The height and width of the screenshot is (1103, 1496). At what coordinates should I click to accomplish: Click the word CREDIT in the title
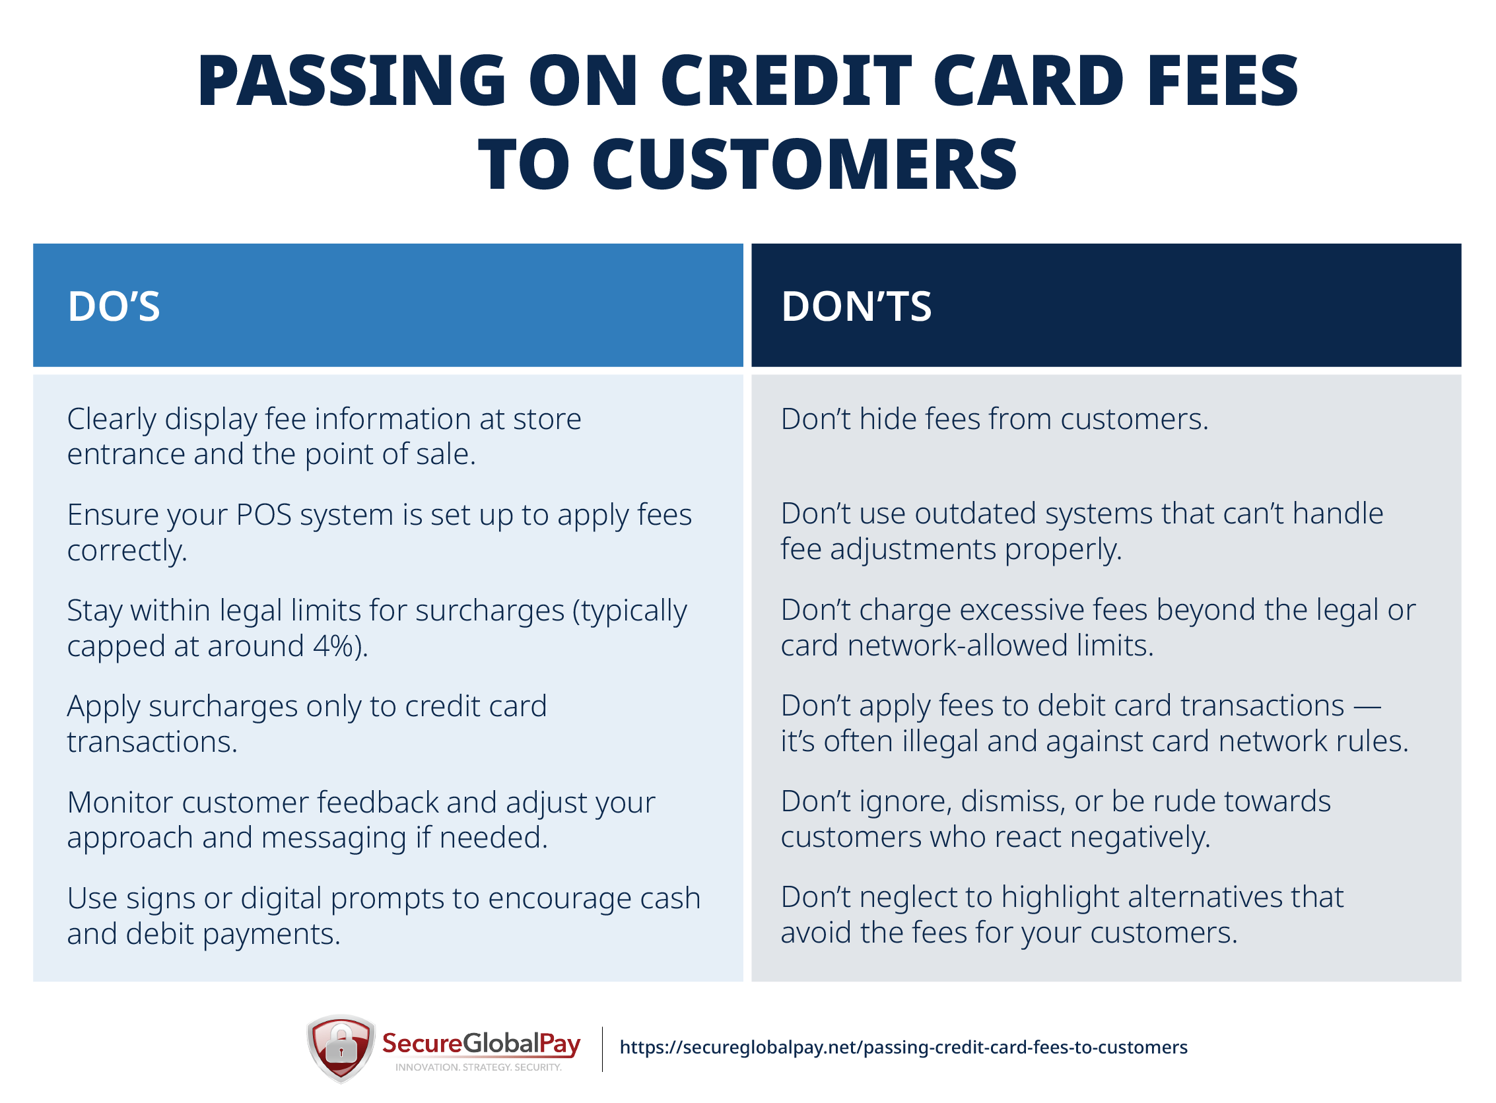786,81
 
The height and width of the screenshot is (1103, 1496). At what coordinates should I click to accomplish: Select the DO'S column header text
114,308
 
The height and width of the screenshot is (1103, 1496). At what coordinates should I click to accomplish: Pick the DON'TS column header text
856,308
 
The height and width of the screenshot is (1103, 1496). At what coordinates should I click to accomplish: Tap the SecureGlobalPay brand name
481,1044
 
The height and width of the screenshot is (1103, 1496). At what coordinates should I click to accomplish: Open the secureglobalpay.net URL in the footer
904,1048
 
